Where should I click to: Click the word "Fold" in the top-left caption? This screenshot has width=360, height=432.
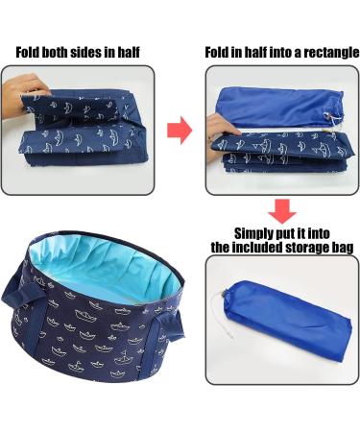(x=31, y=53)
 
